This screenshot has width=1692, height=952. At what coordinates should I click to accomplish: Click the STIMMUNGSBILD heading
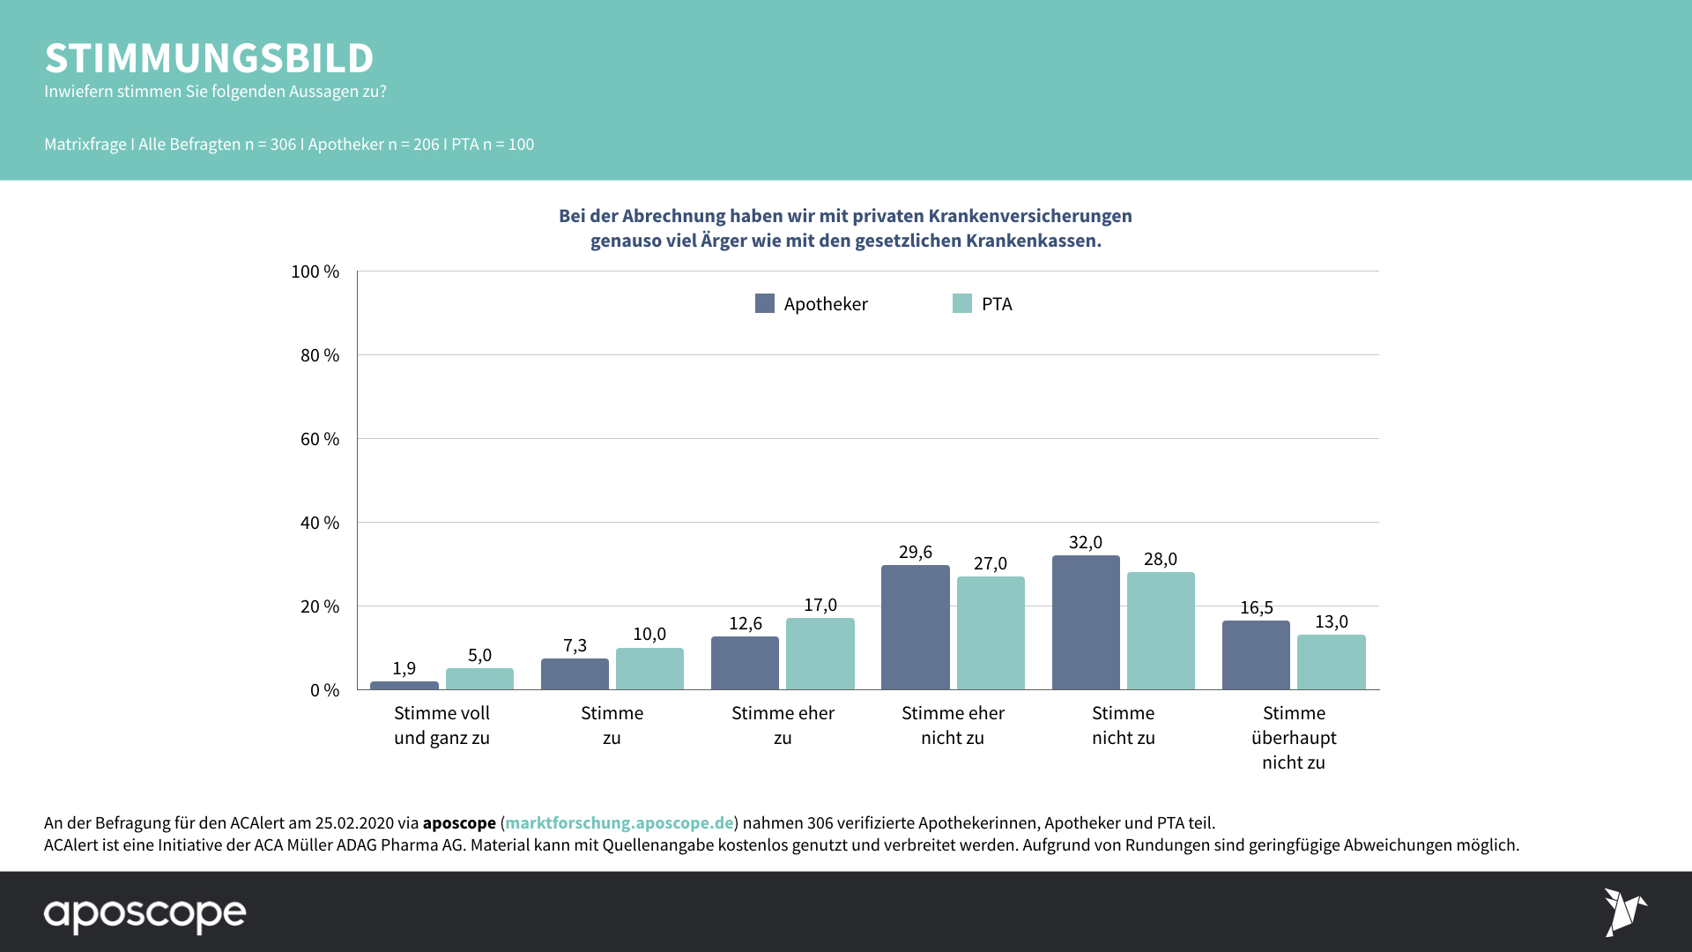click(209, 58)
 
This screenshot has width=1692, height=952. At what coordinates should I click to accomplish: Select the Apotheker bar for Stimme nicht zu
click(1086, 622)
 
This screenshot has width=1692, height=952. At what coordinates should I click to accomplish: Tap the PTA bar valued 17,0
click(820, 653)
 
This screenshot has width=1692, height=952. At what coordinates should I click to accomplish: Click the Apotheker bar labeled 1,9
click(404, 685)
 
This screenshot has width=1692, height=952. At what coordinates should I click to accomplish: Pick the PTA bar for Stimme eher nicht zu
click(991, 633)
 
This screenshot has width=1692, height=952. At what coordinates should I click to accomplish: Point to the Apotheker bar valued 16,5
click(1256, 655)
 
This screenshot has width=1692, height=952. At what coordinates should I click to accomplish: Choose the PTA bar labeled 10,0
click(649, 668)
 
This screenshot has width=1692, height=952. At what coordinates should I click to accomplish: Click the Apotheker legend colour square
click(765, 303)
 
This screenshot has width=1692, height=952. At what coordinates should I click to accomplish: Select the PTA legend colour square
click(962, 303)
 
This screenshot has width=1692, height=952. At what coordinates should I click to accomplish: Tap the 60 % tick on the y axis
click(320, 439)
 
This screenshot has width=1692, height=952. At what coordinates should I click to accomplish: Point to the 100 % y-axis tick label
click(315, 271)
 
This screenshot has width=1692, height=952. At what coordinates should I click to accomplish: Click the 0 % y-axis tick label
click(324, 690)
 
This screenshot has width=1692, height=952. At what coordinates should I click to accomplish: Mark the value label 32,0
click(1086, 542)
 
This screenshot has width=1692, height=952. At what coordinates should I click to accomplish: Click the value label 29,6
click(916, 552)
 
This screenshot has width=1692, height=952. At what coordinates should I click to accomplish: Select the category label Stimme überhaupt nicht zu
click(1294, 737)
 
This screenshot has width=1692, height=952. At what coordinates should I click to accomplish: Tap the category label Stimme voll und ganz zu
click(442, 725)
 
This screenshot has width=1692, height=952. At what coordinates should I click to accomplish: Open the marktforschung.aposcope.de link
click(619, 822)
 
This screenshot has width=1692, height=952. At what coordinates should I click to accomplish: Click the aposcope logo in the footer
click(145, 914)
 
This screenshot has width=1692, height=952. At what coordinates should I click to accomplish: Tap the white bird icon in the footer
click(1624, 911)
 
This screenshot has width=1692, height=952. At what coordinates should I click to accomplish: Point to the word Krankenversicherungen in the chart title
click(1030, 216)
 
